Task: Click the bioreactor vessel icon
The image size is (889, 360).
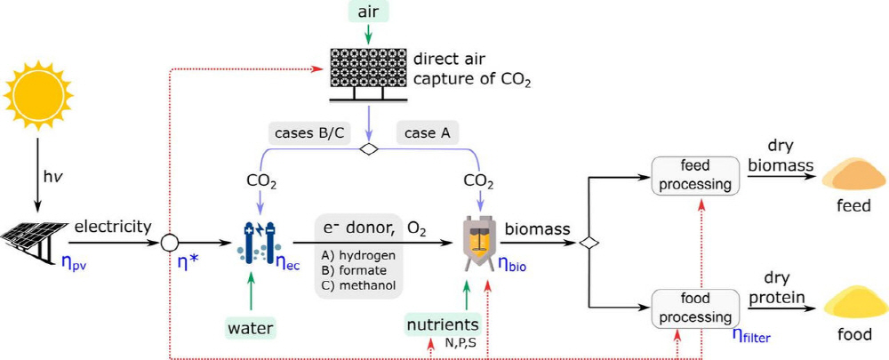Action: click(x=480, y=241)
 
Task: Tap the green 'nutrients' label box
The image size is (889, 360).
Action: click(x=443, y=324)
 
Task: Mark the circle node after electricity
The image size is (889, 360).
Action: click(x=170, y=242)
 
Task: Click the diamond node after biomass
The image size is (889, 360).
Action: click(x=585, y=242)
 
